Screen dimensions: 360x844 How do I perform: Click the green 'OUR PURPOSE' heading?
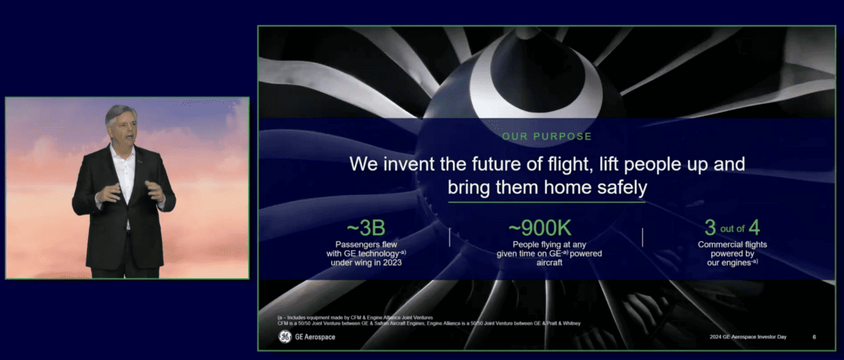pyautogui.click(x=547, y=136)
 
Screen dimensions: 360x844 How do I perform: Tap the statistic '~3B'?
pyautogui.click(x=366, y=228)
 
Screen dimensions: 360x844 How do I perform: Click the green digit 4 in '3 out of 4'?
pyautogui.click(x=754, y=228)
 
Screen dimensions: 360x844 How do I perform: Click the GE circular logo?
pyautogui.click(x=285, y=337)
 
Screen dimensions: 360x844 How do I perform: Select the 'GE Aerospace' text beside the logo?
pyautogui.click(x=315, y=337)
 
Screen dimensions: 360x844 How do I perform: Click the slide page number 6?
pyautogui.click(x=814, y=337)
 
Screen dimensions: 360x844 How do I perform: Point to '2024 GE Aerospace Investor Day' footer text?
pyautogui.click(x=754, y=337)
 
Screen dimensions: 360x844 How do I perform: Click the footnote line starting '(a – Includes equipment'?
pyautogui.click(x=355, y=318)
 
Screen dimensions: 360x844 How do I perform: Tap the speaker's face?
pyautogui.click(x=123, y=126)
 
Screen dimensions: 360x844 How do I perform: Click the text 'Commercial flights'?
pyautogui.click(x=732, y=244)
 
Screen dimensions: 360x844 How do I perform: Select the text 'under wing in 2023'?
pyautogui.click(x=366, y=262)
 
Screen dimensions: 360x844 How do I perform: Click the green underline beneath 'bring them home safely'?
pyautogui.click(x=547, y=202)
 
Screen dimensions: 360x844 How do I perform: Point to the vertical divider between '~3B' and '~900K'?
pyautogui.click(x=449, y=237)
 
